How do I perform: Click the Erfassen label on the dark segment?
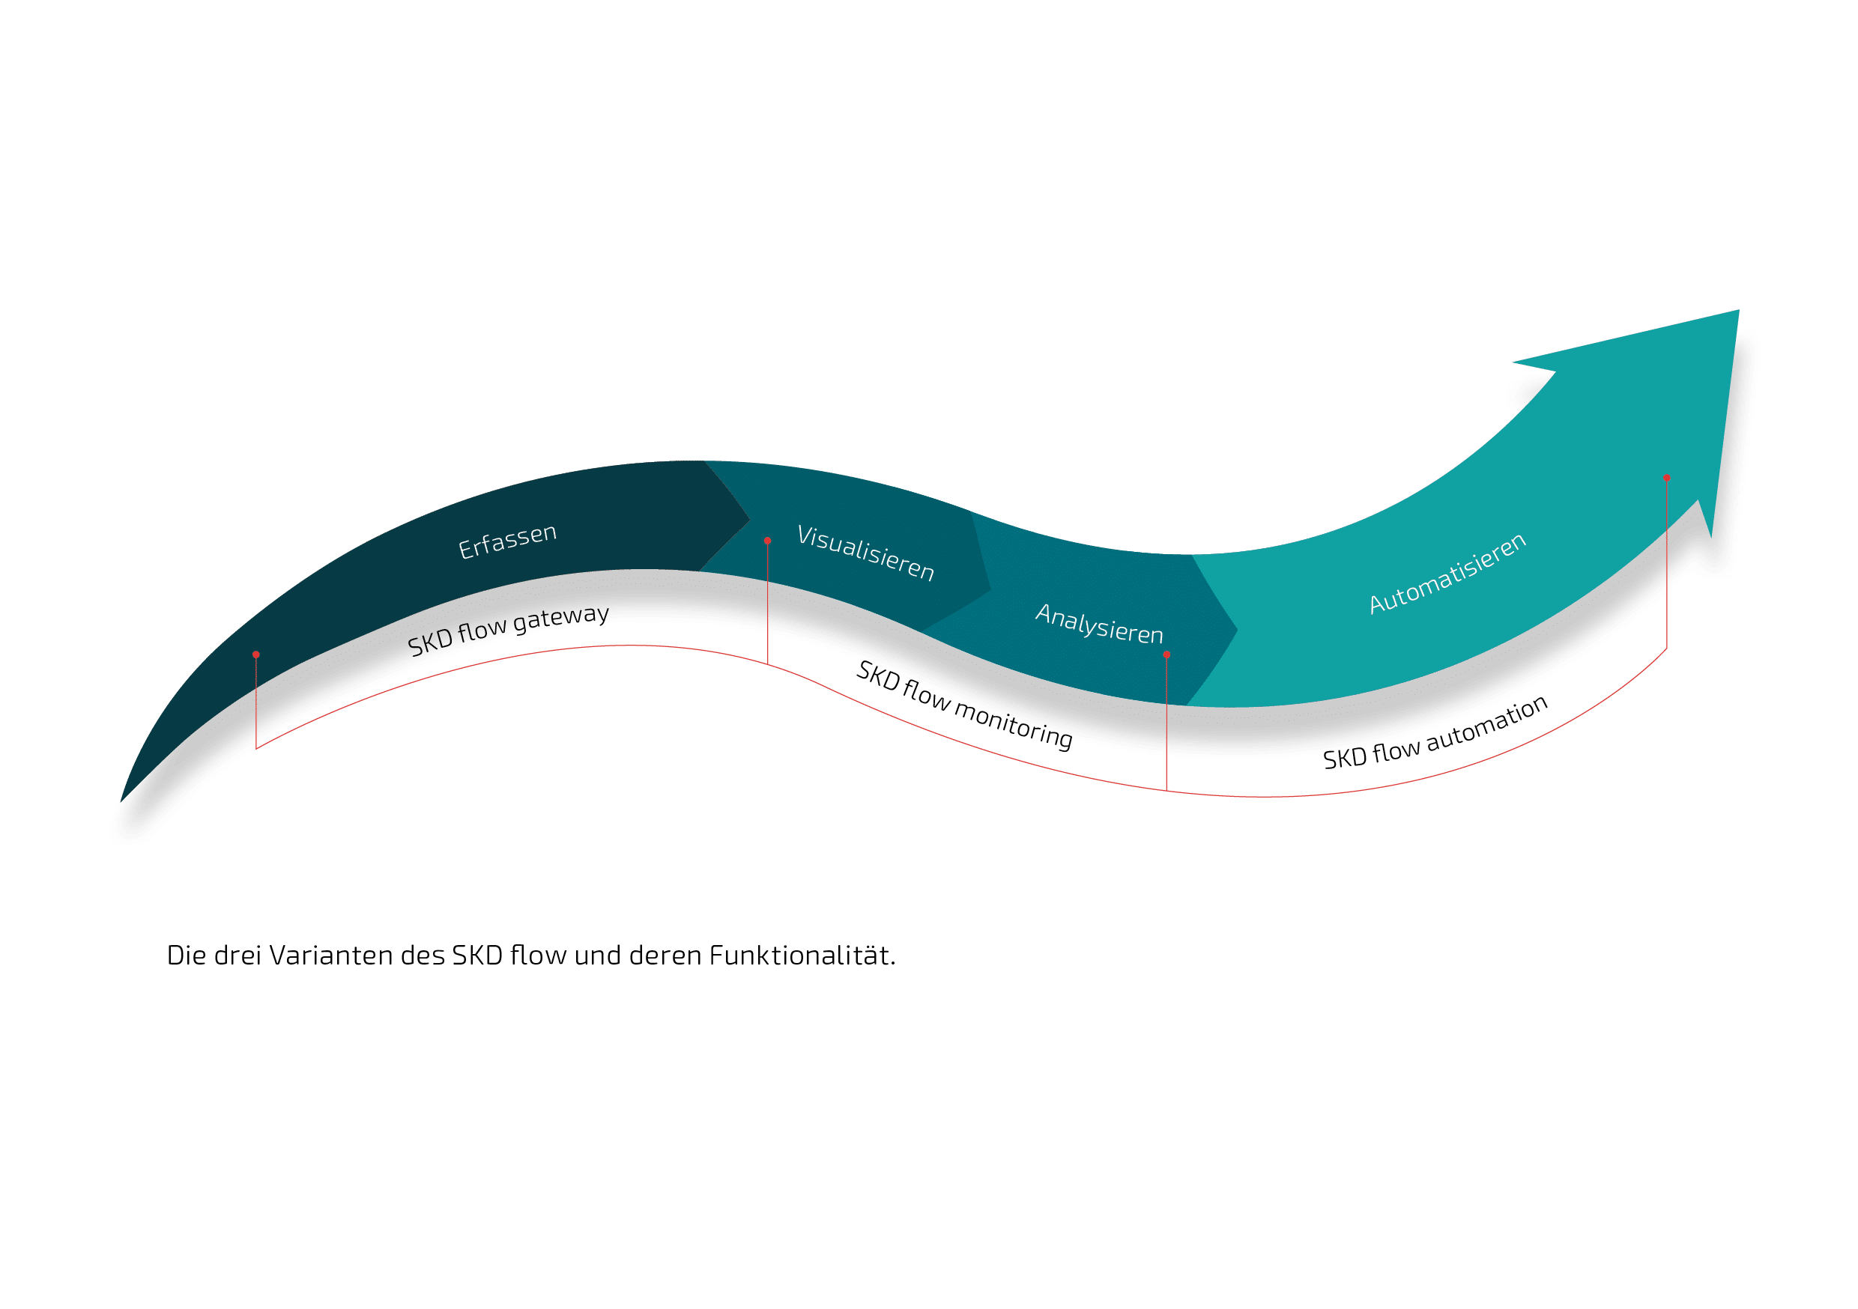coord(507,541)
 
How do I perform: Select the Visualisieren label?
coord(866,553)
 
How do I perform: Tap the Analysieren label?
coord(1099,623)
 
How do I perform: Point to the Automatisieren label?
coord(1447,573)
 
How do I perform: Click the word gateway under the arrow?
coord(561,618)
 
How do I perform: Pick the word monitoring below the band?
coord(1013,724)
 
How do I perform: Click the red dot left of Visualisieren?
coord(767,541)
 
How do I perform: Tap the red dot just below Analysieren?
coord(1166,654)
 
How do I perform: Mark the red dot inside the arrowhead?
coord(1666,477)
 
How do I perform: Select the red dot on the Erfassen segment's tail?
coord(255,654)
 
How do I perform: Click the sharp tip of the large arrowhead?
coord(1738,310)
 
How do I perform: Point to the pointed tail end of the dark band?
coord(121,802)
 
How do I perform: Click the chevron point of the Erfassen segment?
coord(750,520)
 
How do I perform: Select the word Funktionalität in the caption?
coord(802,956)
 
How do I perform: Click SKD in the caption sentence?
coord(477,956)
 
